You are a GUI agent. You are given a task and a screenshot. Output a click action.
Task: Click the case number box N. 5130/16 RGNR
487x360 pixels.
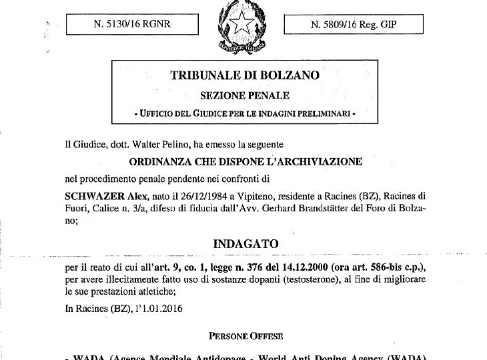click(x=132, y=25)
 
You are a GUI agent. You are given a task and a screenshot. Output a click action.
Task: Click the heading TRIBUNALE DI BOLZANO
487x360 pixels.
click(x=246, y=75)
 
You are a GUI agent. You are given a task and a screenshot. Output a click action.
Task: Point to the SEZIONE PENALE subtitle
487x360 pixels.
click(x=245, y=96)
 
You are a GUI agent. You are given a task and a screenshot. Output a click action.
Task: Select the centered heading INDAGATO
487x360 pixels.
click(x=245, y=243)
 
